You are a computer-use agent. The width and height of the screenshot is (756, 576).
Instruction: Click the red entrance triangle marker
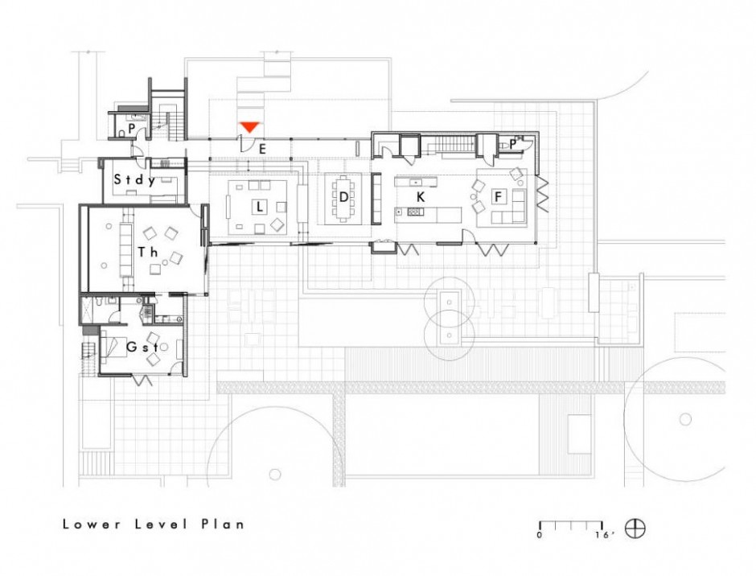point(250,127)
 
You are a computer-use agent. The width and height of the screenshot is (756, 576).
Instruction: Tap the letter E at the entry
point(262,149)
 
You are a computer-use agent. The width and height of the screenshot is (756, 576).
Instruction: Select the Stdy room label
point(134,180)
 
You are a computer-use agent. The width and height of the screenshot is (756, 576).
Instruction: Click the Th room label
point(147,252)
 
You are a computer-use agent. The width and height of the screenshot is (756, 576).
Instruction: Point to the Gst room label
point(142,347)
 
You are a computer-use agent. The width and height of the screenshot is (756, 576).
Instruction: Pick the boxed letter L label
point(260,207)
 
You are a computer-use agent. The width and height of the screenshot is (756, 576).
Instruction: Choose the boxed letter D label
point(343,197)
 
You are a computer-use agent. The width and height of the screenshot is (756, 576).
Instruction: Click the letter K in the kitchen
point(421,196)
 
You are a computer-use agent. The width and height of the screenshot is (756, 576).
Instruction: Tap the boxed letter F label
point(498,196)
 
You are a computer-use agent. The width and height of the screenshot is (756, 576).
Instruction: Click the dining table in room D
point(343,198)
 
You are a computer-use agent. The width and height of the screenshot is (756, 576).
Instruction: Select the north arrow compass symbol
point(635,529)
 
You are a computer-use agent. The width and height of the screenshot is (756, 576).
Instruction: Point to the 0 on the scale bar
point(540,534)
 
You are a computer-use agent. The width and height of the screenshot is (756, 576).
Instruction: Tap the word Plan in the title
point(223,525)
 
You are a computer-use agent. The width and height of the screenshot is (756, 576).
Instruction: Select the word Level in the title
point(162,525)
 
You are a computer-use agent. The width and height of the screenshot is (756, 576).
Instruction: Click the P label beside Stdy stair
point(131,129)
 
